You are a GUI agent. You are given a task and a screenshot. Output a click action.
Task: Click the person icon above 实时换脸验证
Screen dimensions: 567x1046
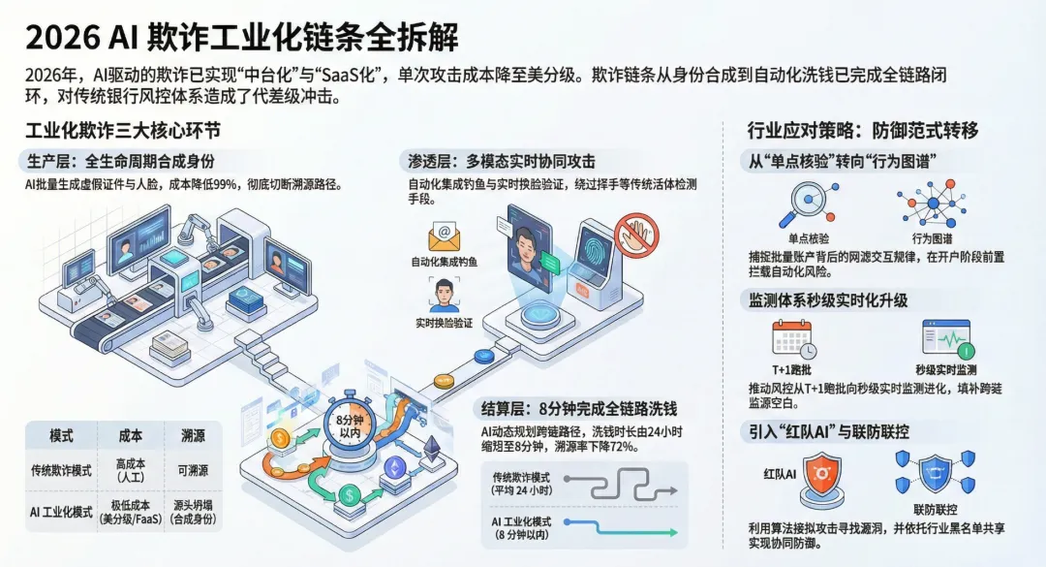[x=445, y=295]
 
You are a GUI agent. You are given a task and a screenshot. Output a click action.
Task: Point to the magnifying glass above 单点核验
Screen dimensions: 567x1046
[x=805, y=203]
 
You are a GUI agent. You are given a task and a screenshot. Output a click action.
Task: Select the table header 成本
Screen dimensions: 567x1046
[x=130, y=435]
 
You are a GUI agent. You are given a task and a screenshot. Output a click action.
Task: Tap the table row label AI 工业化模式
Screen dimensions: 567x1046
[x=61, y=512]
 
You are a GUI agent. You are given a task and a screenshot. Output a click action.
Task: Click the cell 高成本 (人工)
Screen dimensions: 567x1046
[x=130, y=471]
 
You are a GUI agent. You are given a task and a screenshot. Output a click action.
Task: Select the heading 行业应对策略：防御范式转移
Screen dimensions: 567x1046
[x=863, y=131]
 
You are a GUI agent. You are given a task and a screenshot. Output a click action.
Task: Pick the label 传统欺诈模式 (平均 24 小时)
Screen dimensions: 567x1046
[x=523, y=484]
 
